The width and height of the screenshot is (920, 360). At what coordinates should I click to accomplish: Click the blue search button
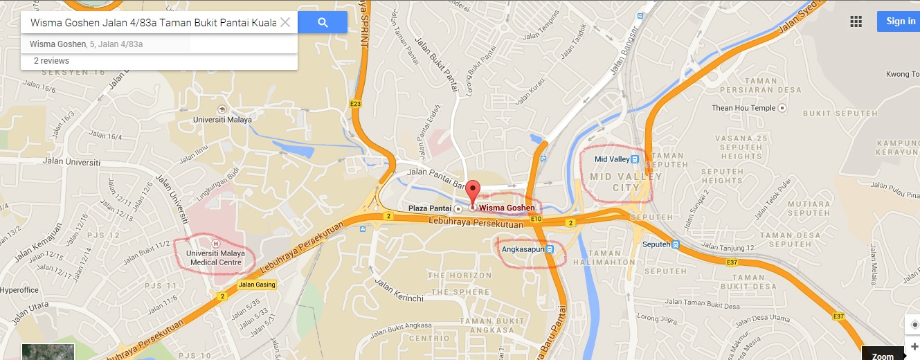tap(323, 22)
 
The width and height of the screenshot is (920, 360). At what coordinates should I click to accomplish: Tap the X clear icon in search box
tap(285, 22)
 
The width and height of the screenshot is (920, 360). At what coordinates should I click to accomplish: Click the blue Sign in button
tap(900, 21)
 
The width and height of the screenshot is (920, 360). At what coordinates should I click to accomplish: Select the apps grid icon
tap(856, 21)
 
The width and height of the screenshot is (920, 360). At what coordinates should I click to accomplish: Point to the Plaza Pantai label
tap(427, 208)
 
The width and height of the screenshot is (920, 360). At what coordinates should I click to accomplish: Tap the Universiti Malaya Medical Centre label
tap(215, 258)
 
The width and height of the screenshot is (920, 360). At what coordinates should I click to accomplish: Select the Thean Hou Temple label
tap(743, 108)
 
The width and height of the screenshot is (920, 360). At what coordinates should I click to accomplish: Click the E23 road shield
tap(357, 105)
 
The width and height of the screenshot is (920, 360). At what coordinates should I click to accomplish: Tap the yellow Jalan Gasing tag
tap(257, 285)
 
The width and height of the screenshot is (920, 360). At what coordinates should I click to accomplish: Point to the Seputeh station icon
tap(676, 244)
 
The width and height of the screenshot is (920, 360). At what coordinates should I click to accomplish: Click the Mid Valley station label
tap(612, 159)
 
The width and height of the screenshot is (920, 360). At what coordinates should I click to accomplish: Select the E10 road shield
tap(536, 219)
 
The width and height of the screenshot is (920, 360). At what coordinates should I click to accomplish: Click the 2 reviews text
tap(51, 61)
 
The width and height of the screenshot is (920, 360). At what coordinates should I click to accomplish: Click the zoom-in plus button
tap(914, 346)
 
